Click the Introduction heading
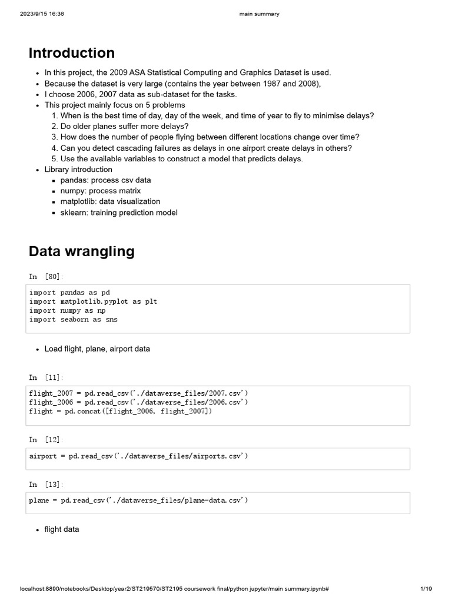tap(72, 53)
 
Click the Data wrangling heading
tap(81, 251)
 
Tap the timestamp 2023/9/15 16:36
tap(42, 14)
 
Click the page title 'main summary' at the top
tap(260, 14)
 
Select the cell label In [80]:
tap(46, 276)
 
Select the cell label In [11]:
tap(46, 377)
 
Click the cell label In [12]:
tap(46, 439)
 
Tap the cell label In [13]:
tap(46, 484)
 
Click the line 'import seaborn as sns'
tap(73, 320)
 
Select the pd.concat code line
tap(120, 412)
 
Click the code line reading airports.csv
tap(138, 456)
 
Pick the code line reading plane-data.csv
tap(138, 501)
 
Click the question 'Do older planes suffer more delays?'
tap(124, 127)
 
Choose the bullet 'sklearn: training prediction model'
tap(118, 212)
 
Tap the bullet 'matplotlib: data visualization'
tap(110, 201)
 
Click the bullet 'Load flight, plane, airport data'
tap(97, 349)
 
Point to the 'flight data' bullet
tap(61, 529)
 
